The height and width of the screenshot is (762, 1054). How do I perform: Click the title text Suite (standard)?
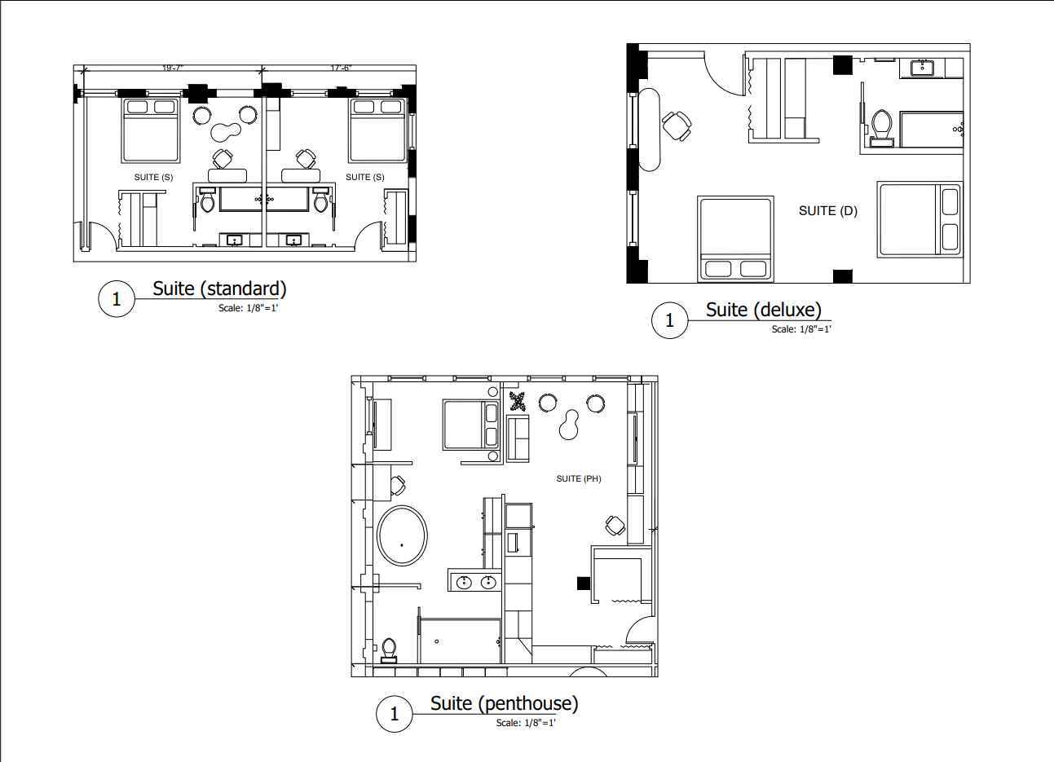219,289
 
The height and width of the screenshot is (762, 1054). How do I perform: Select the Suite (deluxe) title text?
764,310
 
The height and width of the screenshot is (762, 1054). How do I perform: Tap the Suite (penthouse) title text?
504,703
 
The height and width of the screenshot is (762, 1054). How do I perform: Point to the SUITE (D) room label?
827,211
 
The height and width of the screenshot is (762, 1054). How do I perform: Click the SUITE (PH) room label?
578,479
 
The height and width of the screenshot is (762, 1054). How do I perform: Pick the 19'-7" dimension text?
172,68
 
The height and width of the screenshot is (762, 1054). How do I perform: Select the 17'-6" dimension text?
341,68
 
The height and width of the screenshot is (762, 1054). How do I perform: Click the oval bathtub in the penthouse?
402,535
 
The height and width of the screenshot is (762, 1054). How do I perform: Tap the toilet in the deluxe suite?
881,127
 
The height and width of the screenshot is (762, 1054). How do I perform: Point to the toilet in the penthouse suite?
389,650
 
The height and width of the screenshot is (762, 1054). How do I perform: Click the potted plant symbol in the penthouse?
518,401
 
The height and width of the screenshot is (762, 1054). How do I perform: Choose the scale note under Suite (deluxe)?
801,329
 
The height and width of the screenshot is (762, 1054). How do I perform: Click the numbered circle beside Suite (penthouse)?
395,714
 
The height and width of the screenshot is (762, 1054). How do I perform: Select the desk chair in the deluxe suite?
677,126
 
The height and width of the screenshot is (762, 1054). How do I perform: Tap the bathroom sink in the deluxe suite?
923,68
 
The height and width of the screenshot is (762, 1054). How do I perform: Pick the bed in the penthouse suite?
470,425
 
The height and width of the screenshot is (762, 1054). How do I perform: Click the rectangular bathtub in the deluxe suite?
931,130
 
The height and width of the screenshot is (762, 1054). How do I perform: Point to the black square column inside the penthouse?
584,584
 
